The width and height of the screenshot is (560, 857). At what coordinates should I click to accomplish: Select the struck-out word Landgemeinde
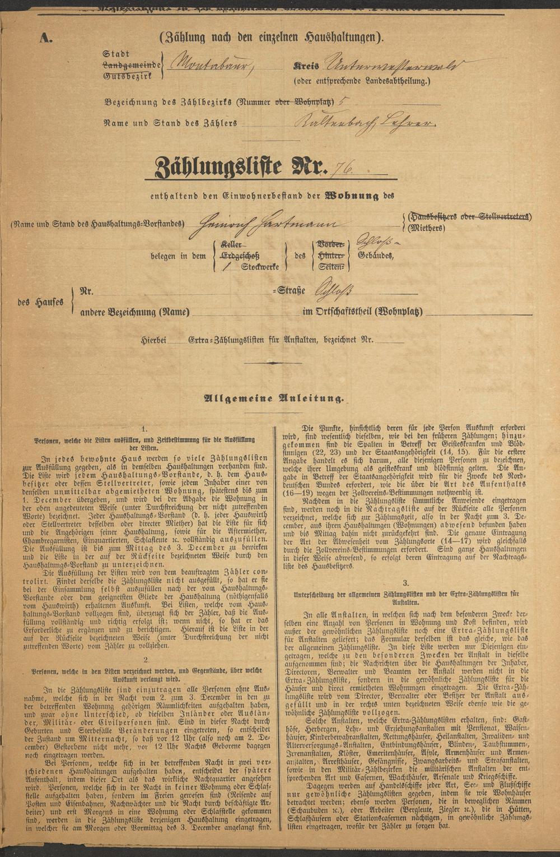point(131,64)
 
